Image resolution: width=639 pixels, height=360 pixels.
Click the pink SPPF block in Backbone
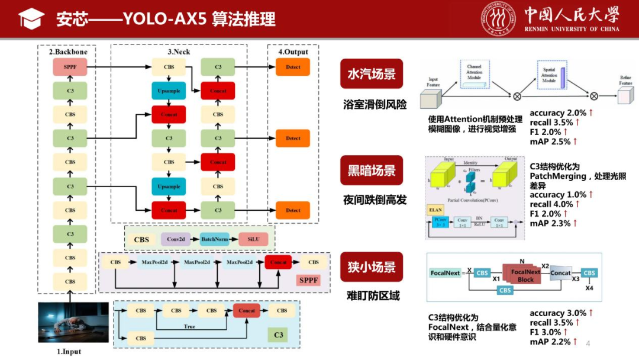click(x=70, y=67)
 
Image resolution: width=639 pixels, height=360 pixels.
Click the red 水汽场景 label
click(x=371, y=74)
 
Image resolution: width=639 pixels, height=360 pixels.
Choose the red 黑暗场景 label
click(x=371, y=171)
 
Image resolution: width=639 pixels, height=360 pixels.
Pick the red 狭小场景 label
click(x=371, y=267)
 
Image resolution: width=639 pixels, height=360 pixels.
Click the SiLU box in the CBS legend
click(x=254, y=239)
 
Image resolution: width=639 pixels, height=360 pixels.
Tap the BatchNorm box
click(x=214, y=239)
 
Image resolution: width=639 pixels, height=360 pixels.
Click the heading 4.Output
click(x=293, y=52)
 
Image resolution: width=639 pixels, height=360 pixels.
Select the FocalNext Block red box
click(x=525, y=275)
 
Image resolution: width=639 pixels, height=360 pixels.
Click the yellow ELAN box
click(x=435, y=210)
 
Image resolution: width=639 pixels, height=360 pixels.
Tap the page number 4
click(x=588, y=344)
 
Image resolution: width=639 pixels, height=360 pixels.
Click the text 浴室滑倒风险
click(x=375, y=105)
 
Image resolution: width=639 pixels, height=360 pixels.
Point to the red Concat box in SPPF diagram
click(x=278, y=262)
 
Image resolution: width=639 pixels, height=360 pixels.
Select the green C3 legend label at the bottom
click(x=279, y=335)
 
